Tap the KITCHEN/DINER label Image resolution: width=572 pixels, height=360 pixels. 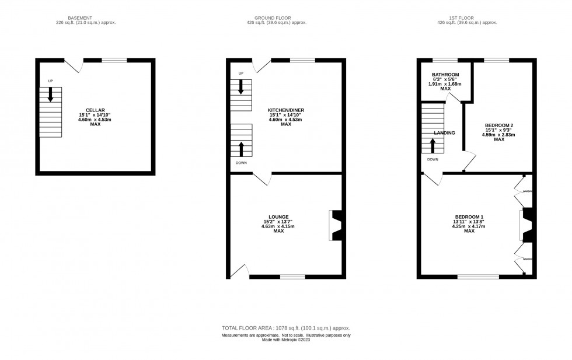pos(285,110)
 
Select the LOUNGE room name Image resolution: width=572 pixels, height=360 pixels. pos(278,217)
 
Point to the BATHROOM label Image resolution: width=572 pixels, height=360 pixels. pos(445,75)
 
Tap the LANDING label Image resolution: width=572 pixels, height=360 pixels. pos(445,133)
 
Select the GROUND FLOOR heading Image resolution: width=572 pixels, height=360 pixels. pos(276,18)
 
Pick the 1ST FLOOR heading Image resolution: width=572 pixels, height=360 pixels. pos(467,18)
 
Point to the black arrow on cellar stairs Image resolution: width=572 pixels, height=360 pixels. pos(51,94)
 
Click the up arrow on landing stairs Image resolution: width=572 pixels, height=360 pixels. pos(433,145)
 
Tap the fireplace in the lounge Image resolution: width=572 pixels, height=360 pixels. pos(335,225)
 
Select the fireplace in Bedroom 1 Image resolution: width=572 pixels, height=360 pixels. pos(526,225)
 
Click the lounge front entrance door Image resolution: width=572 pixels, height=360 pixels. pos(239,270)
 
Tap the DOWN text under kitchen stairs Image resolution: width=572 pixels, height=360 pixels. pos(241,163)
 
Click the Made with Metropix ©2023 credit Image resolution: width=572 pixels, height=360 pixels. pos(285,340)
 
